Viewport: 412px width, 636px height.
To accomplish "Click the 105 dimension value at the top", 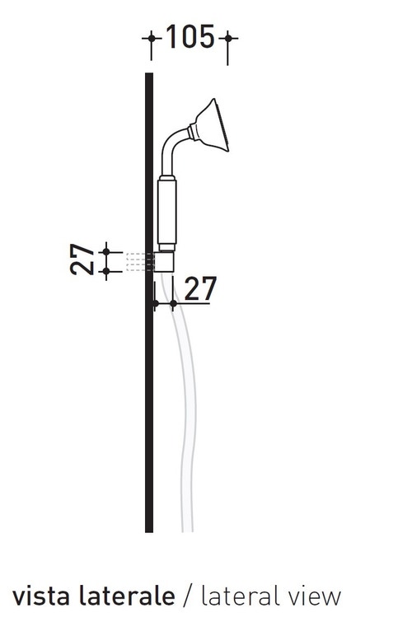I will (190, 37).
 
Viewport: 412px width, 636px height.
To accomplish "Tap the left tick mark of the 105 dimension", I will (151, 39).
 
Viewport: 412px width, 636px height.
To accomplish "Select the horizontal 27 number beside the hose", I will (199, 289).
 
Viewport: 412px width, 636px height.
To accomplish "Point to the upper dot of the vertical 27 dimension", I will (106, 251).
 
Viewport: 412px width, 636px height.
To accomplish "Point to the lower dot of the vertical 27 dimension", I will (106, 270).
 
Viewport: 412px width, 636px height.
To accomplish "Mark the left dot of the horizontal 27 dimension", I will (155, 305).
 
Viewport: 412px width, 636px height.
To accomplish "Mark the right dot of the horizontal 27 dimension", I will (173, 305).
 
